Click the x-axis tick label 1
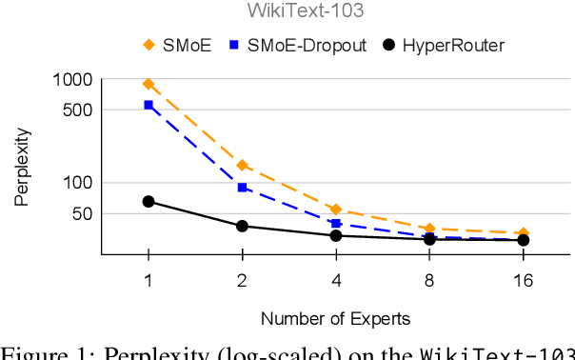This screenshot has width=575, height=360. tap(149, 280)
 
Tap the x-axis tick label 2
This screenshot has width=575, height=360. tap(242, 280)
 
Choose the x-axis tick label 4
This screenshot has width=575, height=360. tap(336, 280)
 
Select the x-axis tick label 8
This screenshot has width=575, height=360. tap(429, 280)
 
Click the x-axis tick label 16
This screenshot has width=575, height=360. tap(523, 280)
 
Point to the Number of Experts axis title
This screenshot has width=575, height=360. tap(335, 318)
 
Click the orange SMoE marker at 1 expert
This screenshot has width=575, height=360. tap(149, 85)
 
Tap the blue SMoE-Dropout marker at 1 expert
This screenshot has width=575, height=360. tap(149, 105)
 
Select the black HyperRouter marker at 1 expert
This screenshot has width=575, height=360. tap(149, 201)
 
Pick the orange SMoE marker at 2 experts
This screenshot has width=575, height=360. tap(242, 166)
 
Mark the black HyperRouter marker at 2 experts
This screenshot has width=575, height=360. tap(242, 226)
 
